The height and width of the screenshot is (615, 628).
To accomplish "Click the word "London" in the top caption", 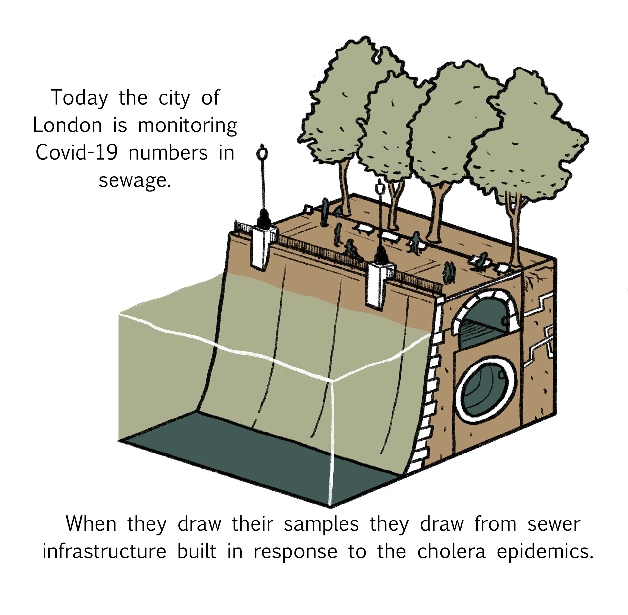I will point(67,126).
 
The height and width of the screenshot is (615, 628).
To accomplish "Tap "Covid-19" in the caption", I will point(77,153).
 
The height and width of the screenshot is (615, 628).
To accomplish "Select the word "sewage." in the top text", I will point(135,180).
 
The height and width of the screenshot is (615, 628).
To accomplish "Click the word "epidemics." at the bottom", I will point(545,553).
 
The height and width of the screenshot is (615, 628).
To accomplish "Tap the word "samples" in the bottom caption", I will point(321,524).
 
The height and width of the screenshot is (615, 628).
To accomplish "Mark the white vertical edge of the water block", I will point(330,441).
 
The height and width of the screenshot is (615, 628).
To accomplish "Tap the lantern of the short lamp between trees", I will point(380,188).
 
